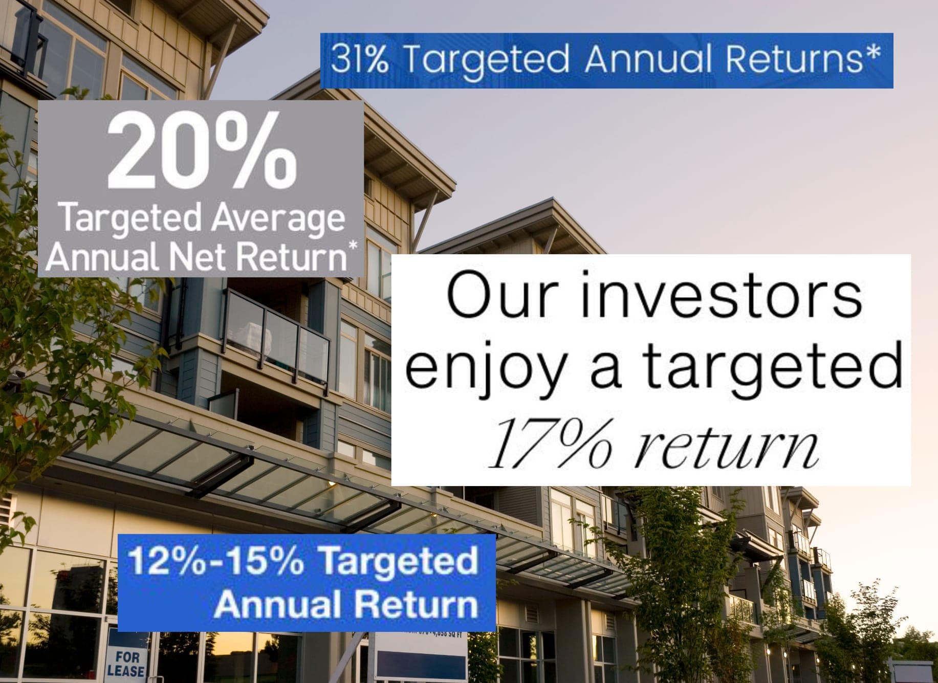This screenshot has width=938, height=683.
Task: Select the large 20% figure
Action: click(x=202, y=153)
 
